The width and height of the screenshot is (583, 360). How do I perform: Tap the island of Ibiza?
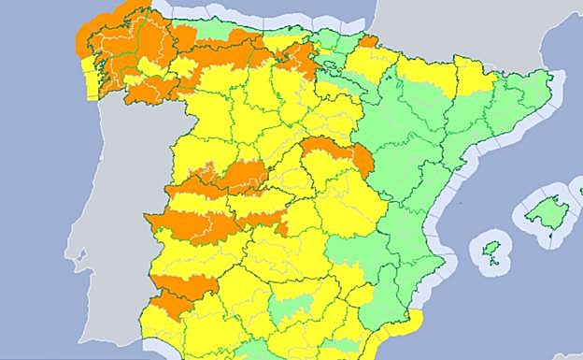coord(491,250)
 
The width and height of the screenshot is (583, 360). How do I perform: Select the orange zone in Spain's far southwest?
coord(173,302)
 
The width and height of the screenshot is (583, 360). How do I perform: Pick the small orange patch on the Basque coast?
coord(368,41)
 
